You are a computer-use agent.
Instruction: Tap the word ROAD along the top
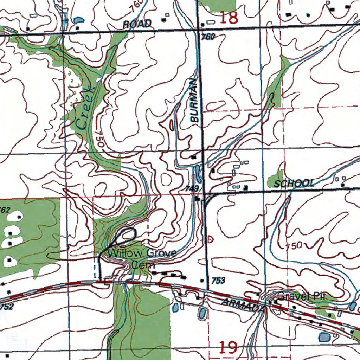[137, 24]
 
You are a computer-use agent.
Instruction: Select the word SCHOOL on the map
[294, 183]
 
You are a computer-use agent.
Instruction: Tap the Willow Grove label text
[142, 253]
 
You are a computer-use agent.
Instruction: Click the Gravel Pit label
[302, 296]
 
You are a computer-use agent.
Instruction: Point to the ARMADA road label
[243, 306]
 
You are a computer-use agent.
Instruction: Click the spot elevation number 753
[218, 280]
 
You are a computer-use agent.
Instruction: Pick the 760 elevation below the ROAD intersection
[208, 36]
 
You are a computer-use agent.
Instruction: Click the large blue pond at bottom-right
[324, 338]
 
